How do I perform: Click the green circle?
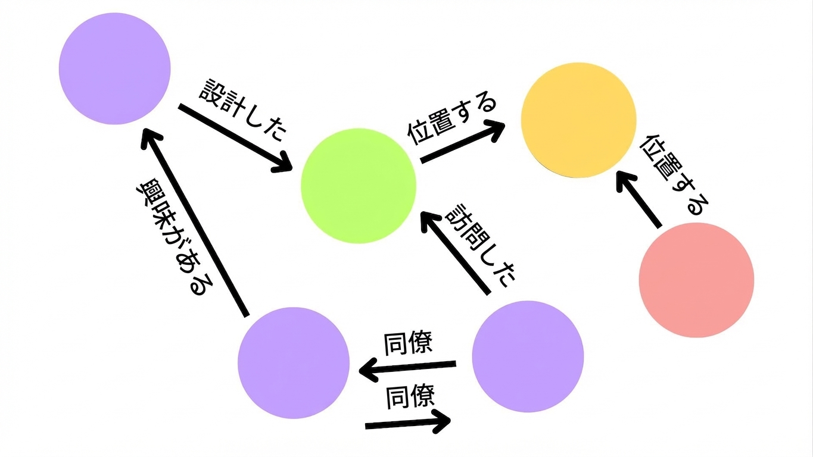358,185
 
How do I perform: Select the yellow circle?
578,120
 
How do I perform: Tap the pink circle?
696,280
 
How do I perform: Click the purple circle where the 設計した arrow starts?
115,68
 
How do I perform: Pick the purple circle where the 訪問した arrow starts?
528,356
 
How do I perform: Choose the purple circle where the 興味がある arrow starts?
294,363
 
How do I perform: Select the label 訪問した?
480,246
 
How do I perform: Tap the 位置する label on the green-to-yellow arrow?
451,121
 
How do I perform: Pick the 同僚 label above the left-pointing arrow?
409,343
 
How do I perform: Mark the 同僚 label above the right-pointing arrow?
410,397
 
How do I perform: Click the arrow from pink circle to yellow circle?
638,200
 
